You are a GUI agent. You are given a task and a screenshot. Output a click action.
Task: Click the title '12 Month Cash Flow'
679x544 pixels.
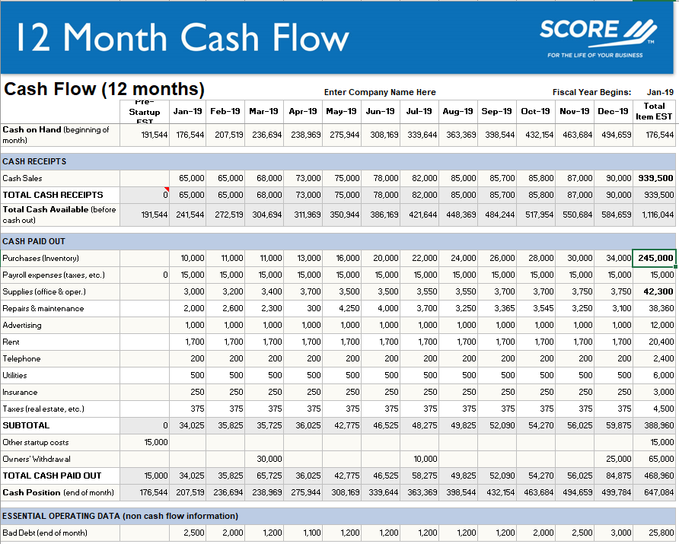coord(182,37)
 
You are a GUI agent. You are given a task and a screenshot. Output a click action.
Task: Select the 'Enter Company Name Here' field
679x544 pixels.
coord(380,92)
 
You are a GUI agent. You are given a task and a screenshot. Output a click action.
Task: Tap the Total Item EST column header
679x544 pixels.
coord(654,111)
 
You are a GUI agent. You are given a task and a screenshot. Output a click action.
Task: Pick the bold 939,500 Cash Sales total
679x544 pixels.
coord(655,178)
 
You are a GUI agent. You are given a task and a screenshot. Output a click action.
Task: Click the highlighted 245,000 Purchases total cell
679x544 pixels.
coord(655,258)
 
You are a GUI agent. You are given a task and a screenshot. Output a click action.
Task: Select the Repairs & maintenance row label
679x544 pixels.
coord(43,308)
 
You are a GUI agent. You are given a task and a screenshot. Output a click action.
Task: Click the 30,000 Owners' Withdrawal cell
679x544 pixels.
coord(269,459)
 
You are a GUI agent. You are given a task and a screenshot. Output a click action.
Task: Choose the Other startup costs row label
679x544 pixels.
coord(36,442)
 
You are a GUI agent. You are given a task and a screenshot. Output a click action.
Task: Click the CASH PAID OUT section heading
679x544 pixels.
coord(34,241)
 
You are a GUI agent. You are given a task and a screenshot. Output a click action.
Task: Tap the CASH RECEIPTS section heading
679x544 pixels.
coord(34,161)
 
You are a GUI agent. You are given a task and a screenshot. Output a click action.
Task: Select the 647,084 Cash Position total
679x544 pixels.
coord(658,492)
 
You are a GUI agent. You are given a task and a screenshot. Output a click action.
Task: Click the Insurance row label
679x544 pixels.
coord(21,392)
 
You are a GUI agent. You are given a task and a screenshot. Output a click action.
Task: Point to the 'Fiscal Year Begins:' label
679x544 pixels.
coord(591,92)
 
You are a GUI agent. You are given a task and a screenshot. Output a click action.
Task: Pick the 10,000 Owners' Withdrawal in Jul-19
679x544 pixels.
coord(425,459)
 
